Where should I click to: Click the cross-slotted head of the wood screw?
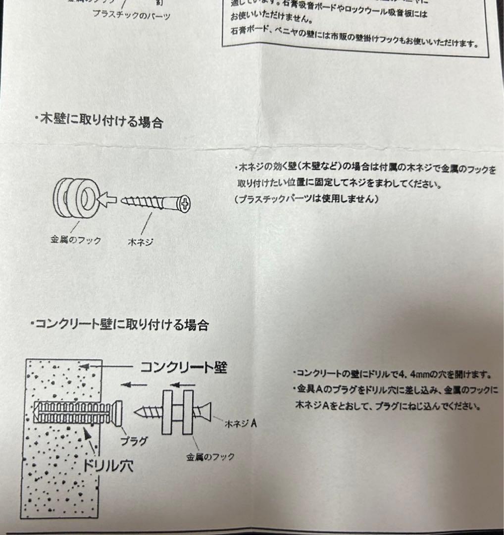point(185,203)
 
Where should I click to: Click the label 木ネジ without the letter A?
point(141,241)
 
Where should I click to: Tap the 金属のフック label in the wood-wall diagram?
point(76,240)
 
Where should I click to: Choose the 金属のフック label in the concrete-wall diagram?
point(210,456)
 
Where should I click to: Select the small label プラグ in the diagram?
point(134,440)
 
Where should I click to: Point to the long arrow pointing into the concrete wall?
point(106,367)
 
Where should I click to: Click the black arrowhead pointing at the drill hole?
point(88,434)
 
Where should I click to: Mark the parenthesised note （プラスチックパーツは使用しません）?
point(307,199)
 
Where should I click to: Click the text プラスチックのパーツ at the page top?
point(131,15)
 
